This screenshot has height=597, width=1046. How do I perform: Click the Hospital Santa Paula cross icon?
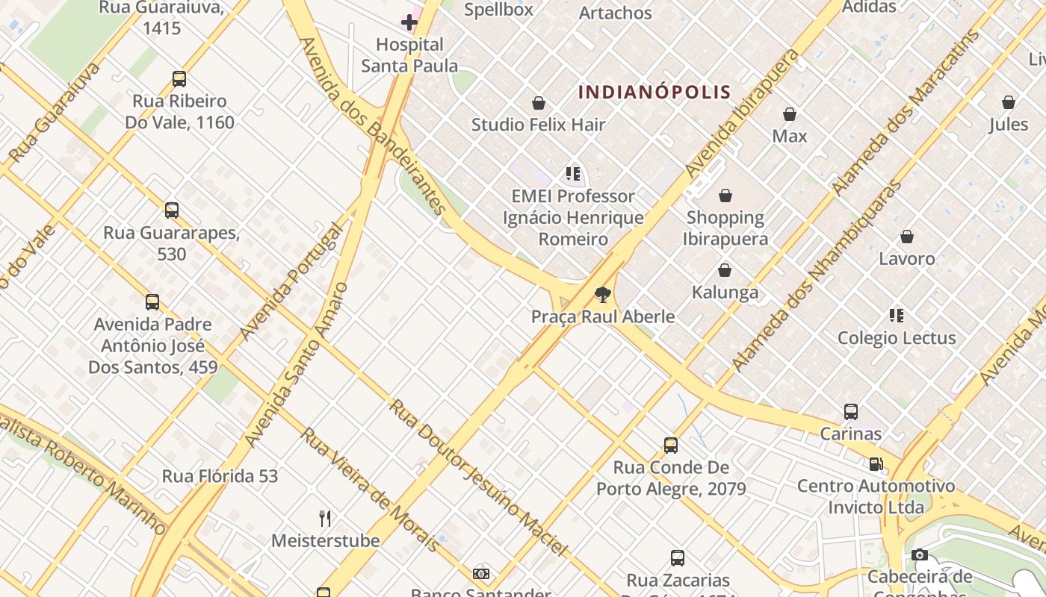pyautogui.click(x=409, y=22)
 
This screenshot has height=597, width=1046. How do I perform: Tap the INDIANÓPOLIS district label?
pyautogui.click(x=654, y=93)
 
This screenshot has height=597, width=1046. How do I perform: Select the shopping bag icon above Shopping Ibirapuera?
pyautogui.click(x=725, y=196)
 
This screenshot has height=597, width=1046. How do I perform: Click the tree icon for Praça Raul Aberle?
pyautogui.click(x=602, y=294)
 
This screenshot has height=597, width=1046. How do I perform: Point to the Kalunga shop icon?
pyautogui.click(x=724, y=270)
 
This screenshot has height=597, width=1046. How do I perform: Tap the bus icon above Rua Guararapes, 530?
pyautogui.click(x=172, y=210)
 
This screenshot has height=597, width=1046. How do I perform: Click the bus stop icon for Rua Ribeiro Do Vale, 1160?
pyautogui.click(x=179, y=79)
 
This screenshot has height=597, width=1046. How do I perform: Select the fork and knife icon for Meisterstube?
pyautogui.click(x=325, y=518)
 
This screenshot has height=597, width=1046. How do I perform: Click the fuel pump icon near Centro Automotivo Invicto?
pyautogui.click(x=876, y=464)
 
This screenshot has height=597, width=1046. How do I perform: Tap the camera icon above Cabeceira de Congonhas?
pyautogui.click(x=920, y=554)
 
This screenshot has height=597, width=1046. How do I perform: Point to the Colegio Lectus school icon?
pyautogui.click(x=897, y=316)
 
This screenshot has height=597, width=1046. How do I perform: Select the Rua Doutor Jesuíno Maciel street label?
pyautogui.click(x=478, y=478)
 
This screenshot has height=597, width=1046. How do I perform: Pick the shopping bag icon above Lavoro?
pyautogui.click(x=906, y=237)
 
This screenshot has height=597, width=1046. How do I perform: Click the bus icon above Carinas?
pyautogui.click(x=850, y=411)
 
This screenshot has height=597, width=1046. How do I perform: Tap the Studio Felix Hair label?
pyautogui.click(x=538, y=125)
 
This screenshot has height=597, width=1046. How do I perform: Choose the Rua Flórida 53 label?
pyautogui.click(x=220, y=476)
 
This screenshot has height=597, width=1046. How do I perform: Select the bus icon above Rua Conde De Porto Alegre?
pyautogui.click(x=670, y=446)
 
